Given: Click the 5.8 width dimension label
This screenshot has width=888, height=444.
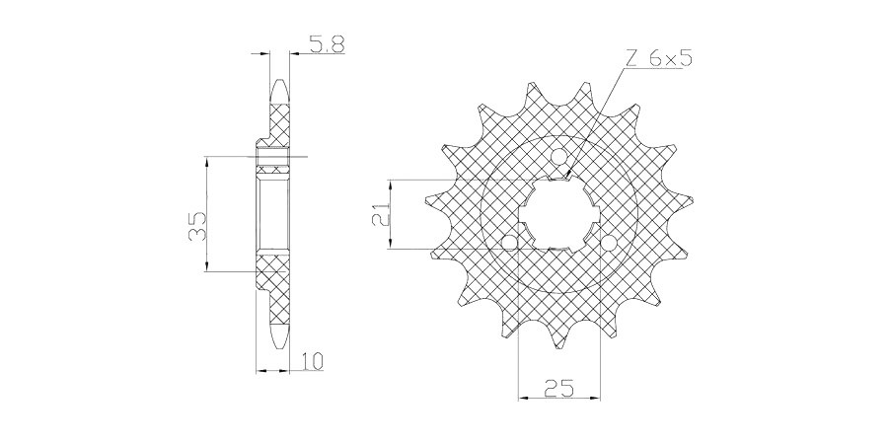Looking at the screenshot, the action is (x=327, y=44).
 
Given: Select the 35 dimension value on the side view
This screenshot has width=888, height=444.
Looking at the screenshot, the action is (x=197, y=226).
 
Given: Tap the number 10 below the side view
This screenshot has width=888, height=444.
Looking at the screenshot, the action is (x=312, y=361).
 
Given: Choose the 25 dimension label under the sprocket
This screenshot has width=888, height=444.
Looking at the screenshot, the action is (x=558, y=388).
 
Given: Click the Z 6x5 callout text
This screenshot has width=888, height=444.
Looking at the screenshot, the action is (x=659, y=58).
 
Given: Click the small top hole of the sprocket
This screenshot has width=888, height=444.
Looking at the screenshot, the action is (x=559, y=155).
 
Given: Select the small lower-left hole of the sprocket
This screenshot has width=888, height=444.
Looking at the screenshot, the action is (x=511, y=243).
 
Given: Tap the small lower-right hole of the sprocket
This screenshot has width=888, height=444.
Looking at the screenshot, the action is (x=609, y=243).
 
